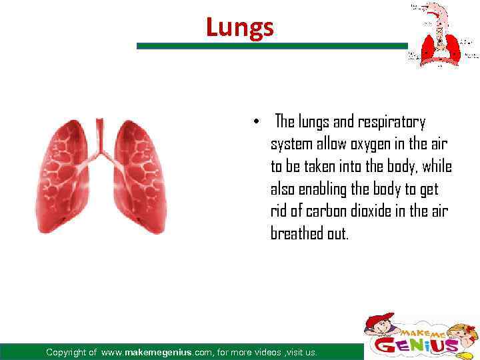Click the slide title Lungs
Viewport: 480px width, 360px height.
coord(239,27)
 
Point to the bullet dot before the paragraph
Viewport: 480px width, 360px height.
coord(256,123)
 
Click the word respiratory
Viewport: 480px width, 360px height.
coord(391,123)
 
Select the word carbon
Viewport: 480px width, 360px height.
coord(324,212)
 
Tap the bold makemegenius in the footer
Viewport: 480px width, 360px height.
coord(164,352)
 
